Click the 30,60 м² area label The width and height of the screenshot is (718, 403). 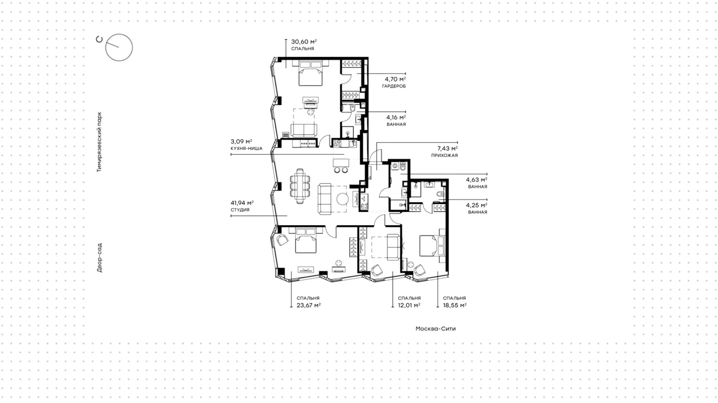304,42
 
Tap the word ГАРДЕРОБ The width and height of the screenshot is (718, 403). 394,86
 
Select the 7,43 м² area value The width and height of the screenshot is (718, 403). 447,148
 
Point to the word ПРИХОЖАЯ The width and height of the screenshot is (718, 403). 444,156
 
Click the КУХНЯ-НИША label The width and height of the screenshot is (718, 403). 247,148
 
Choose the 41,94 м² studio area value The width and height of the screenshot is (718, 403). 242,203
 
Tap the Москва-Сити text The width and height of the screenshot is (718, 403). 436,329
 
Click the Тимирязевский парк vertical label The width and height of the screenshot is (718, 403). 99,142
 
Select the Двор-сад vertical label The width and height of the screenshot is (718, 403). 99,258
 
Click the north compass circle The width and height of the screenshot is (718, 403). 119,47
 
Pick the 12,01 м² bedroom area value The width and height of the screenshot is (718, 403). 409,305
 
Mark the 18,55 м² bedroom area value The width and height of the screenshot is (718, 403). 455,305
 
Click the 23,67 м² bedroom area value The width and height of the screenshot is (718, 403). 309,305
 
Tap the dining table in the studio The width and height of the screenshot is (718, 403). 300,186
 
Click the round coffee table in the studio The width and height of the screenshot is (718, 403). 342,199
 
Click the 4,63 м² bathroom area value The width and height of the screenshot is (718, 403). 477,180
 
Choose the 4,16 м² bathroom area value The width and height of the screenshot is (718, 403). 396,118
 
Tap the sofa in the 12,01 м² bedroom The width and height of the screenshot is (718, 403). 393,247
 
